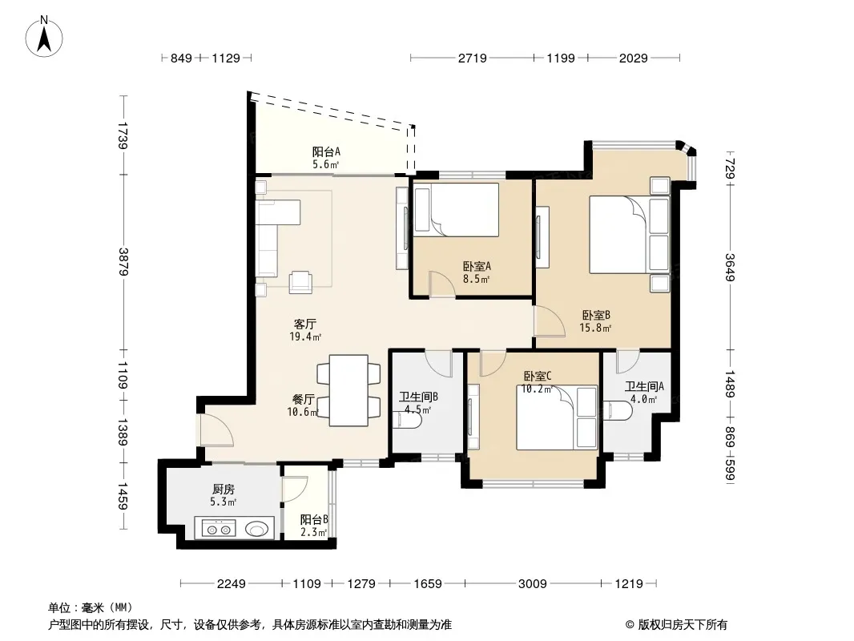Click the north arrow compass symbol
pyautogui.click(x=44, y=37)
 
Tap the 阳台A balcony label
pyautogui.click(x=326, y=152)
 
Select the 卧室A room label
pyautogui.click(x=477, y=266)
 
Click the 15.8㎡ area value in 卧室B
pyautogui.click(x=595, y=328)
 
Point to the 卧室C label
pyautogui.click(x=538, y=377)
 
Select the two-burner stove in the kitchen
pyautogui.click(x=219, y=528)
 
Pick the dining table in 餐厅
pyautogui.click(x=349, y=390)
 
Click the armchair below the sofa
pyautogui.click(x=300, y=282)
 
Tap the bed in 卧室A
pyautogui.click(x=457, y=210)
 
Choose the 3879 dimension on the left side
pyautogui.click(x=123, y=262)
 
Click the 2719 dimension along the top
pyautogui.click(x=472, y=58)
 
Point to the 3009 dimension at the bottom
pyautogui.click(x=532, y=584)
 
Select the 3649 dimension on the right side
pyautogui.click(x=730, y=268)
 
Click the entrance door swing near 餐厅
pyautogui.click(x=217, y=430)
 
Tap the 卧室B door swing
pyautogui.click(x=549, y=321)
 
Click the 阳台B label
pyautogui.click(x=314, y=520)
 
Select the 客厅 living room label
pyautogui.click(x=305, y=325)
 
